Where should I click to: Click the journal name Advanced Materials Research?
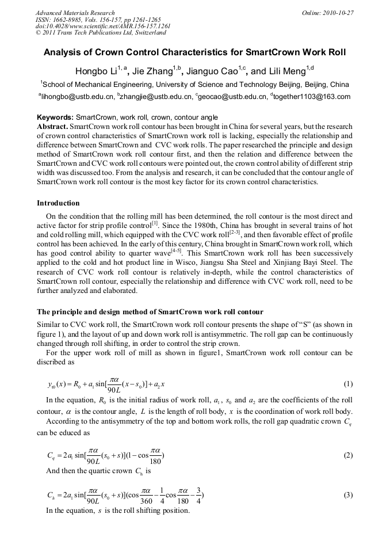[x=75, y=13]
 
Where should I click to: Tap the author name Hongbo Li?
[x=95, y=72]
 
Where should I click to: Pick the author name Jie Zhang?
[x=152, y=72]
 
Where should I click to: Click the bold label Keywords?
[x=55, y=117]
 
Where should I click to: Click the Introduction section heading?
[x=58, y=203]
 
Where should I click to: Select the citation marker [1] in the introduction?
[x=154, y=222]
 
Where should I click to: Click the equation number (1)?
[x=347, y=384]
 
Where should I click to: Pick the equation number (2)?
[x=347, y=455]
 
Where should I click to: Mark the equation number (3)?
[x=347, y=495]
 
